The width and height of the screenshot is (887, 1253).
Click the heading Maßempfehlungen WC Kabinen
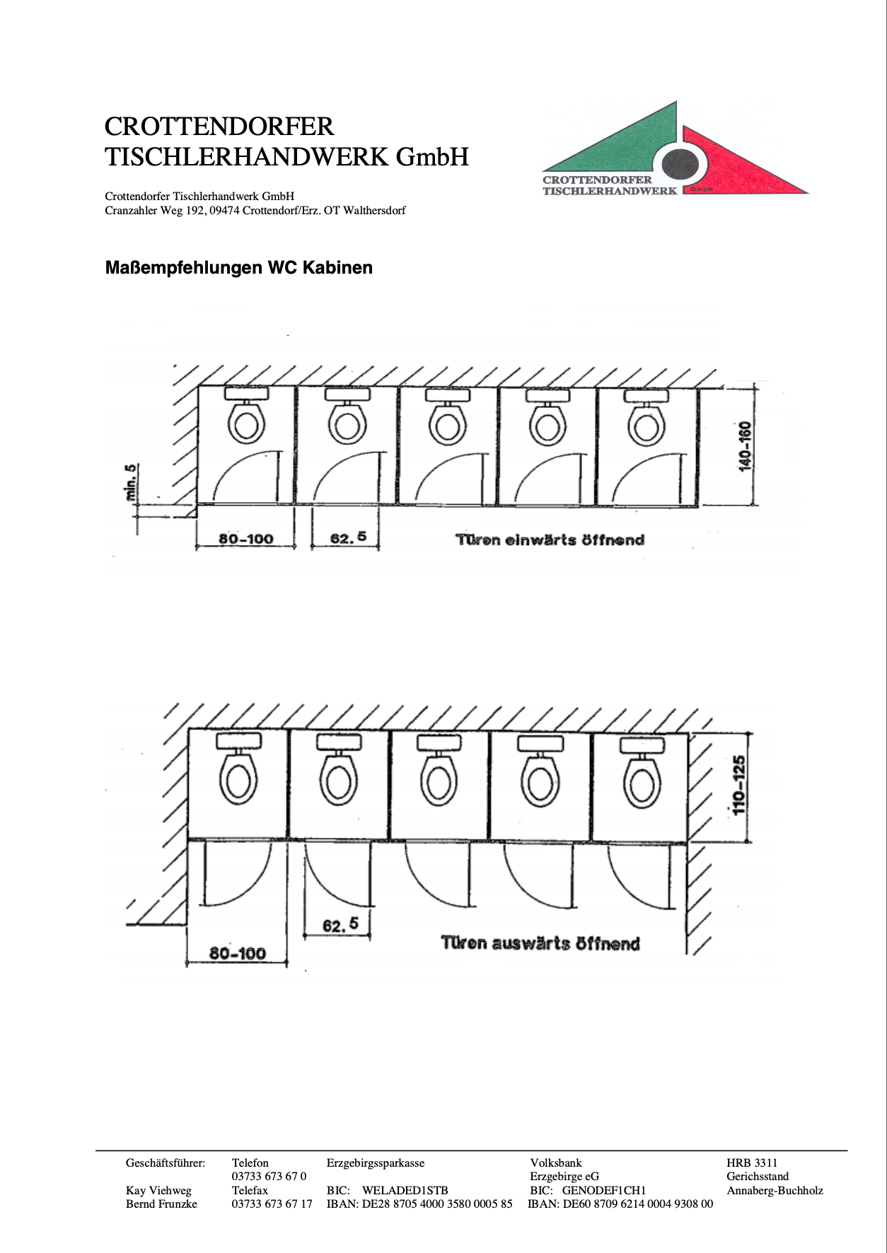click(x=238, y=268)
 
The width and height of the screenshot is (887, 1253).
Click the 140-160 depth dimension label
click(x=746, y=447)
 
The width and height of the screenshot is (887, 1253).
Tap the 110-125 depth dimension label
click(x=739, y=786)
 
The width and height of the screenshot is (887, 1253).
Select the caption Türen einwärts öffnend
click(x=550, y=540)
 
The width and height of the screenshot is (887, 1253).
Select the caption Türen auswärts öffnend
click(x=540, y=943)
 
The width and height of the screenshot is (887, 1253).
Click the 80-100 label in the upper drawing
click(x=245, y=539)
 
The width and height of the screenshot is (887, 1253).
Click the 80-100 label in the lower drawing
click(x=237, y=953)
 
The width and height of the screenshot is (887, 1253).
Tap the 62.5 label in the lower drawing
click(x=340, y=924)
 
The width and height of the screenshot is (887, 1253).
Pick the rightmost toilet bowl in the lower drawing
click(x=641, y=785)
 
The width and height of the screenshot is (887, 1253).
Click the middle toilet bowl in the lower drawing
click(x=439, y=783)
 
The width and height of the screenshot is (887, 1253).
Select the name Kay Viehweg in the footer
click(x=158, y=1191)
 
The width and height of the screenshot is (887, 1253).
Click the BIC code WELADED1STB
click(x=405, y=1191)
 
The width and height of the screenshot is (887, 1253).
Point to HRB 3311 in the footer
click(x=751, y=1162)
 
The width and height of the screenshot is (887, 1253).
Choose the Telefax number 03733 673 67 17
click(x=272, y=1204)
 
